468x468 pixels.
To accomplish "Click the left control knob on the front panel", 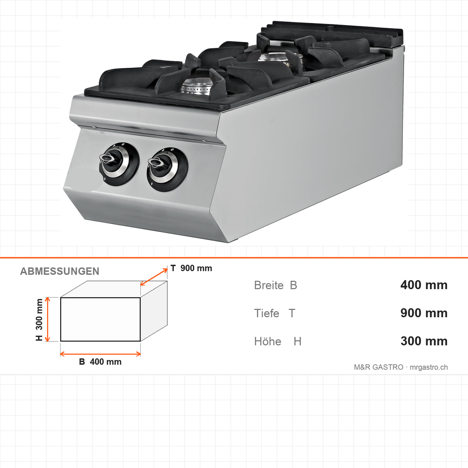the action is [119, 164].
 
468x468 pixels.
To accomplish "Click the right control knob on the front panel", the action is [167, 169].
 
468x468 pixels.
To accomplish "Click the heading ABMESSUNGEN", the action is [59, 271].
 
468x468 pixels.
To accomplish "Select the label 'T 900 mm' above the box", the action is [191, 268].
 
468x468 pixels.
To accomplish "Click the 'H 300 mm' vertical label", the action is [39, 320].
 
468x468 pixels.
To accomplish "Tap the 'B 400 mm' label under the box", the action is [100, 362].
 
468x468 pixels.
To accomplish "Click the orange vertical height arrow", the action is [47, 319].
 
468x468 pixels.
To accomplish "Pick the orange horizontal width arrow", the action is [100, 354].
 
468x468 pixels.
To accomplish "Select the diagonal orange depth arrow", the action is [154, 277].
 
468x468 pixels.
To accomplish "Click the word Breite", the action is [269, 285].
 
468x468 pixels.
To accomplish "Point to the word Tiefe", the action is [266, 313].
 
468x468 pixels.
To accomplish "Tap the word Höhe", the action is [268, 341].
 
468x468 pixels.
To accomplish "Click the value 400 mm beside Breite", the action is [424, 285].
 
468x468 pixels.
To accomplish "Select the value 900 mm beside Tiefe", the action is [424, 313].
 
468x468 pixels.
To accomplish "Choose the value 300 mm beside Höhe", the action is [424, 341].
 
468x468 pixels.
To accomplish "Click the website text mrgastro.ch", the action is [429, 367].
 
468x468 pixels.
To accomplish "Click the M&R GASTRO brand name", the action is [379, 367].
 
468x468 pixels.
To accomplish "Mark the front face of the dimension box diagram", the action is [100, 319].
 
